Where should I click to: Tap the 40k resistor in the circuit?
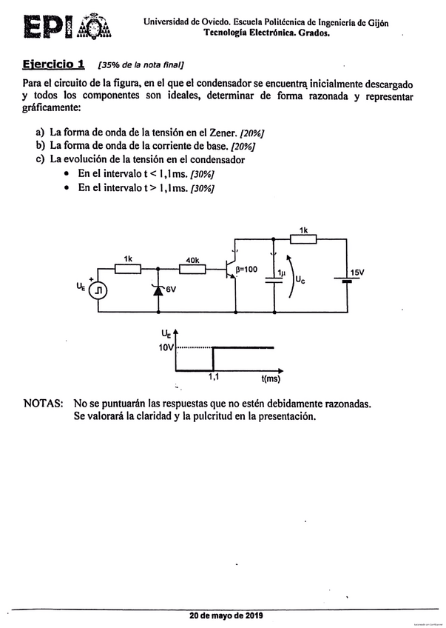(193, 270)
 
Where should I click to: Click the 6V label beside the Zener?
(172, 290)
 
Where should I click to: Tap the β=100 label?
(249, 270)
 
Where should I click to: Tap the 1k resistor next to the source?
(128, 270)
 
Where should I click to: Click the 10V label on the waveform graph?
(166, 347)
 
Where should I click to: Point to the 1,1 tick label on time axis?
(213, 378)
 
